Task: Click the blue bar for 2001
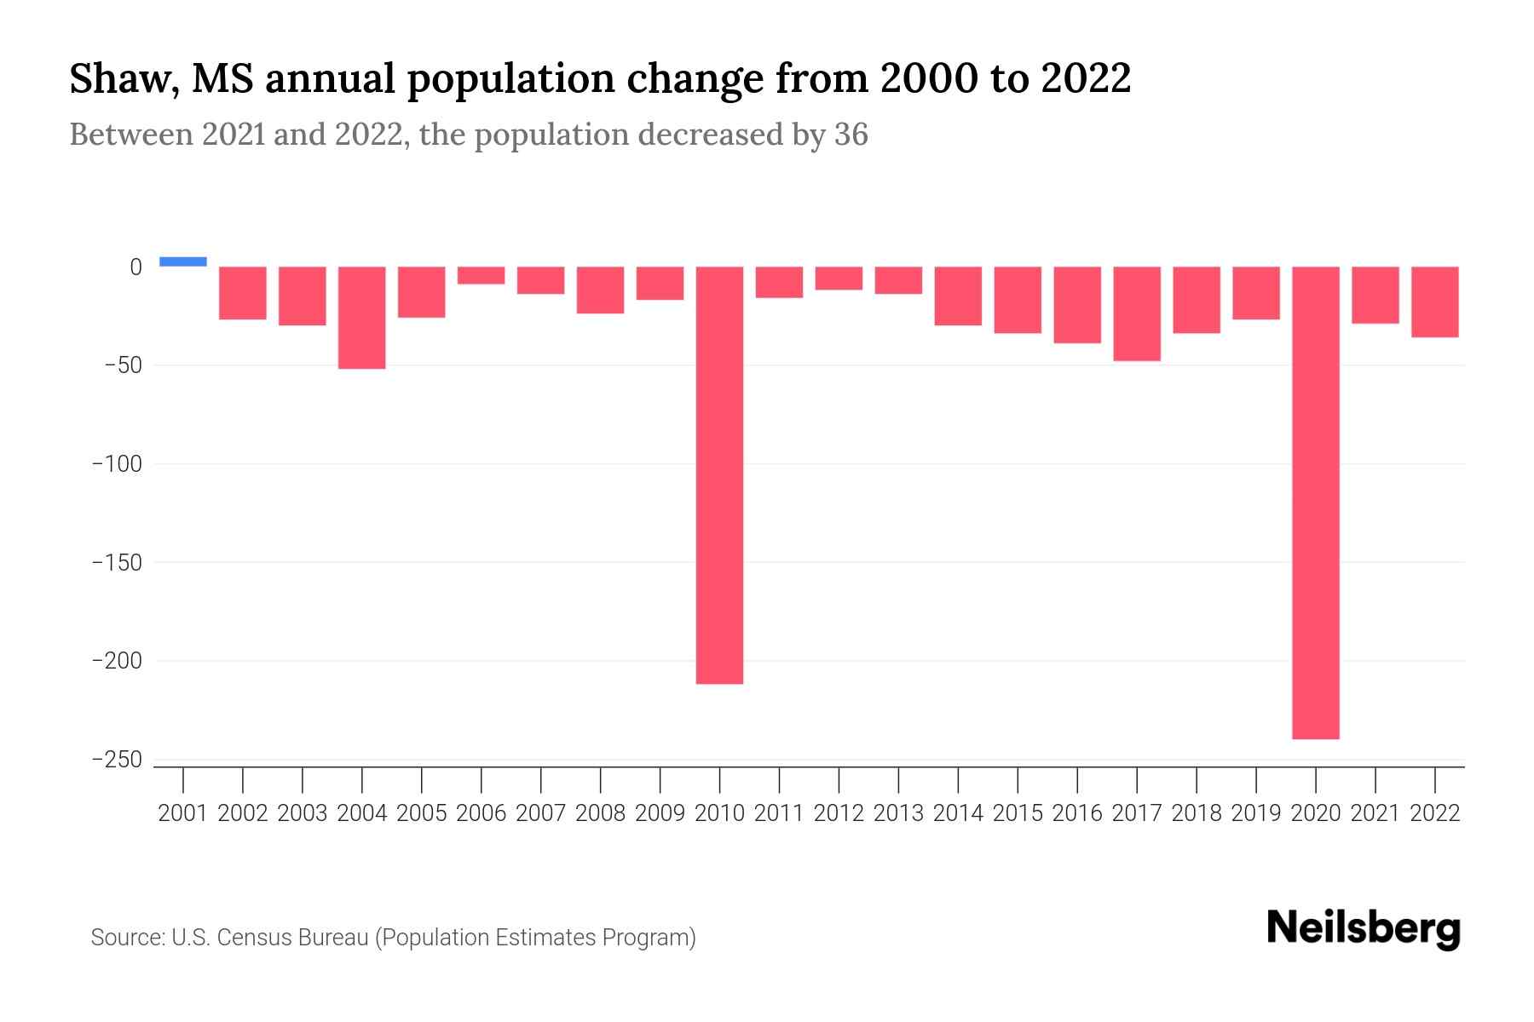pyautogui.click(x=183, y=261)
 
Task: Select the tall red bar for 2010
pyautogui.click(x=719, y=474)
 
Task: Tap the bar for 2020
pyautogui.click(x=1315, y=502)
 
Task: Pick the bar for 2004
pyautogui.click(x=362, y=318)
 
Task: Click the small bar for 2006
pyautogui.click(x=482, y=275)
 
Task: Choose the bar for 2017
pyautogui.click(x=1137, y=313)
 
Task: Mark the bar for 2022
pyautogui.click(x=1435, y=301)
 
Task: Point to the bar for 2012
pyautogui.click(x=839, y=278)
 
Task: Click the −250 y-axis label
pyautogui.click(x=117, y=760)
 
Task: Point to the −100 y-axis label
pyautogui.click(x=117, y=464)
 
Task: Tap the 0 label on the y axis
pyautogui.click(x=136, y=267)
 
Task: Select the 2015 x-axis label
pyautogui.click(x=1018, y=813)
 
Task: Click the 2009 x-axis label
pyautogui.click(x=660, y=813)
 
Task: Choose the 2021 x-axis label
pyautogui.click(x=1375, y=813)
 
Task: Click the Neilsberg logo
pyautogui.click(x=1364, y=928)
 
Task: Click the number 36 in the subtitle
pyautogui.click(x=851, y=135)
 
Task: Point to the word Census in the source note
pyautogui.click(x=250, y=938)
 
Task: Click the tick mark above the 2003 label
pyautogui.click(x=303, y=779)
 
